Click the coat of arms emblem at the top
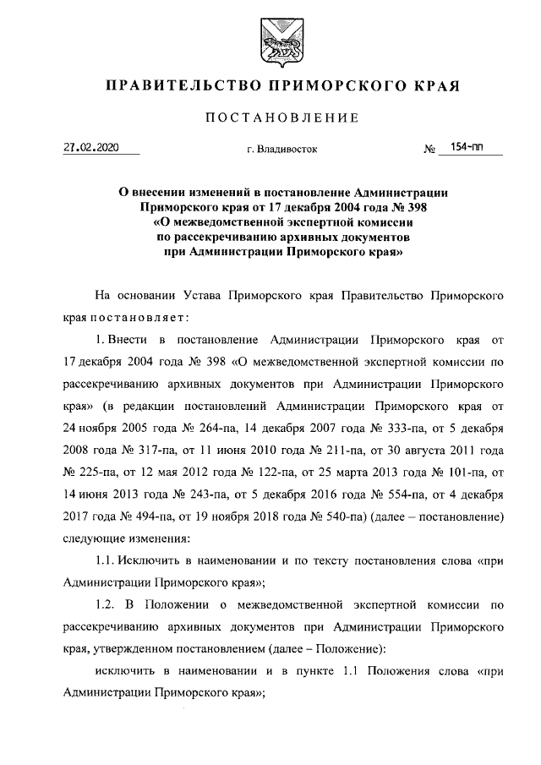pyautogui.click(x=270, y=42)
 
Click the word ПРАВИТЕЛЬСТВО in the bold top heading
pyautogui.click(x=167, y=86)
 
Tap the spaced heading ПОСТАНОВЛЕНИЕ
pyautogui.click(x=270, y=117)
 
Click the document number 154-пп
pyautogui.click(x=467, y=148)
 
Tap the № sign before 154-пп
pyautogui.click(x=429, y=150)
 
